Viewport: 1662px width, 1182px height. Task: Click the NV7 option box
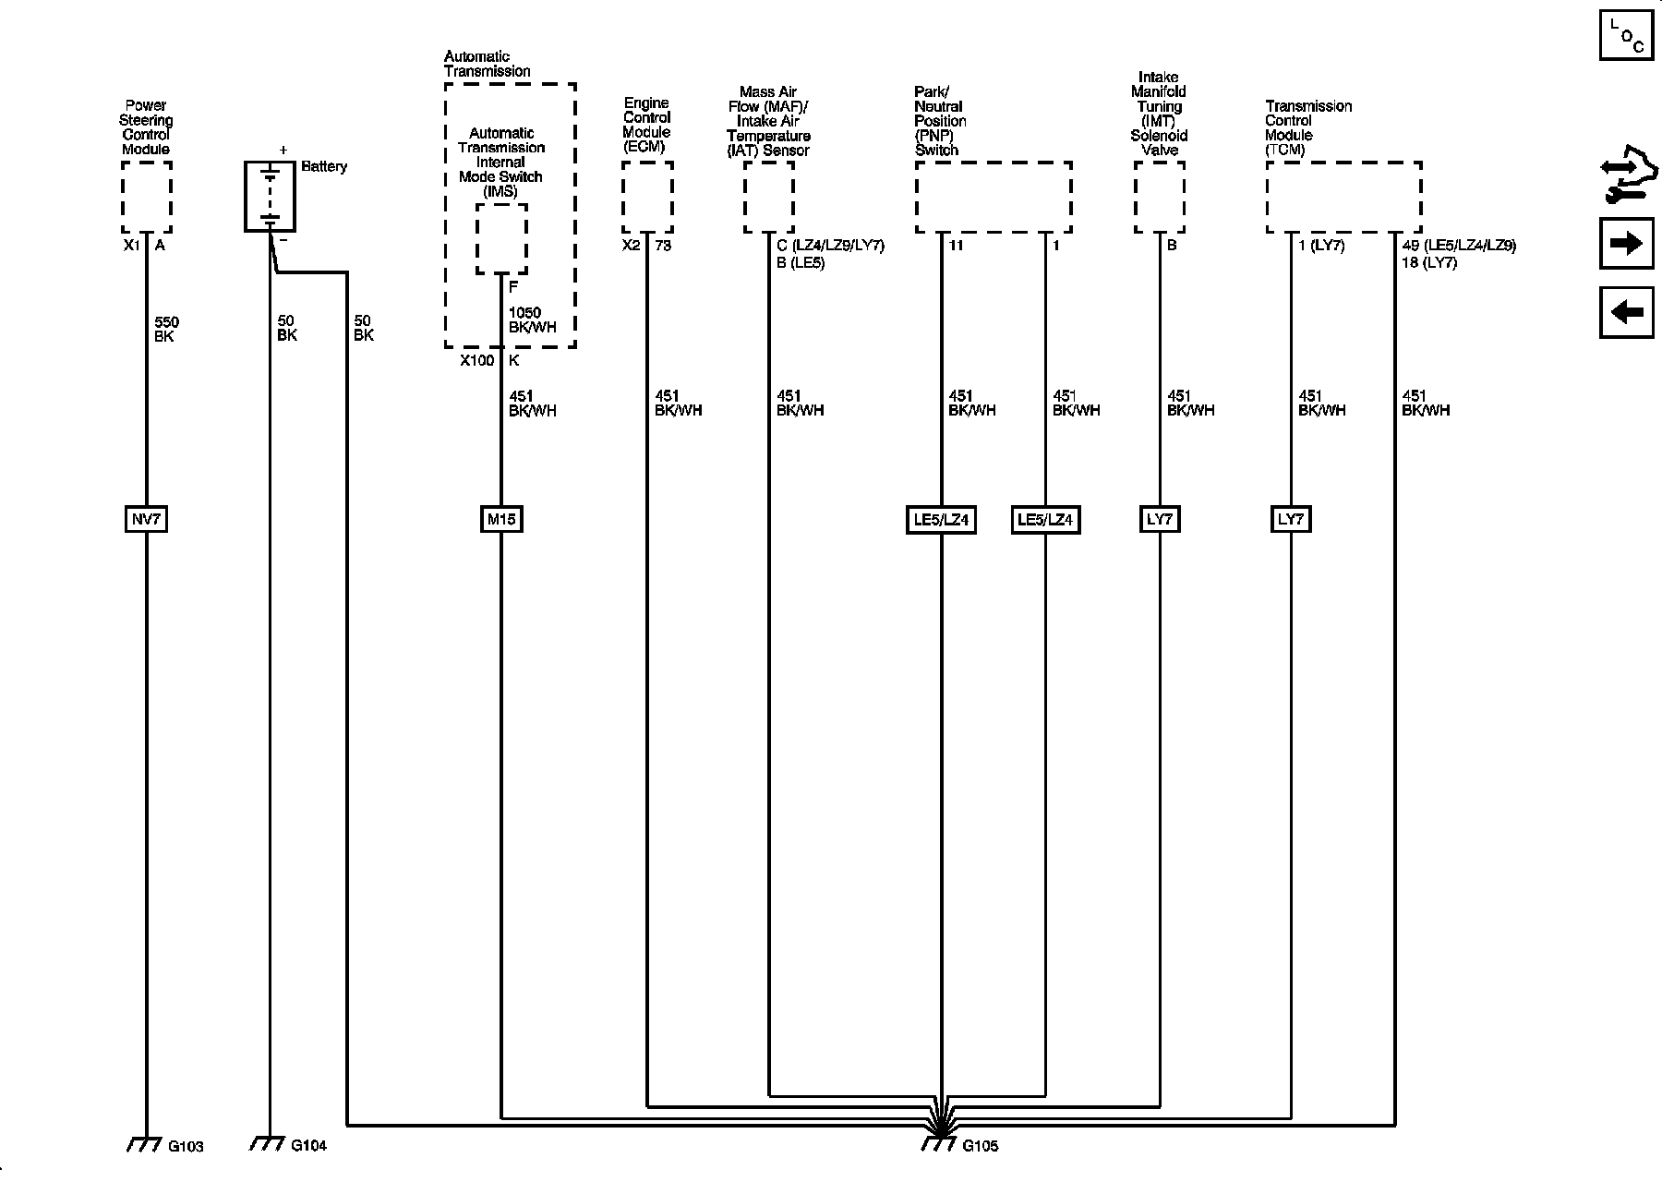pyautogui.click(x=146, y=519)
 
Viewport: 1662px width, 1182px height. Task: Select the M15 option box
pyautogui.click(x=501, y=519)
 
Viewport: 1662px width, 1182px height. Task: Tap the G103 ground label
pyautogui.click(x=186, y=1146)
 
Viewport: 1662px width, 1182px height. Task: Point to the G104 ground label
pyautogui.click(x=308, y=1146)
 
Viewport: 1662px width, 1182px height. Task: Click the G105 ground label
pyautogui.click(x=980, y=1146)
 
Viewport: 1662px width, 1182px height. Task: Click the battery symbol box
pyautogui.click(x=270, y=196)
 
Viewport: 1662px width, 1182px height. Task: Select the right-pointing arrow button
pyautogui.click(x=1626, y=243)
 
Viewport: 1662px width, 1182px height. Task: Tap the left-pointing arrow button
pyautogui.click(x=1626, y=312)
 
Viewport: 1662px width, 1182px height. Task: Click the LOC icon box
pyautogui.click(x=1626, y=35)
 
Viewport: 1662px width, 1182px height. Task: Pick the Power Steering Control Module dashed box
pyautogui.click(x=147, y=198)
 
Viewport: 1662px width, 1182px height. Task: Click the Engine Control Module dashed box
pyautogui.click(x=647, y=198)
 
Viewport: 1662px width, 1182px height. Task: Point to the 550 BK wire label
pyautogui.click(x=166, y=330)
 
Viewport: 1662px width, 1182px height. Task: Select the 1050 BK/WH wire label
pyautogui.click(x=532, y=320)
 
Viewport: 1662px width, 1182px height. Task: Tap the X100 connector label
pyautogui.click(x=477, y=361)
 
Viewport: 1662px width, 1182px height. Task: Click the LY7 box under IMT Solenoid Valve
pyautogui.click(x=1159, y=519)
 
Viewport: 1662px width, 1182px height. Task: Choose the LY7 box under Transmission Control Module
pyautogui.click(x=1290, y=519)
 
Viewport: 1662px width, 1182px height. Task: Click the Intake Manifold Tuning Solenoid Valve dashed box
pyautogui.click(x=1159, y=198)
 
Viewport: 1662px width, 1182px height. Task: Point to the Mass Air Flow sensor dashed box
pyautogui.click(x=769, y=198)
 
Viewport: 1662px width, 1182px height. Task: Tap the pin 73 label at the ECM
pyautogui.click(x=663, y=246)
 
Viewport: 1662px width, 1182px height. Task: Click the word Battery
pyautogui.click(x=324, y=167)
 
